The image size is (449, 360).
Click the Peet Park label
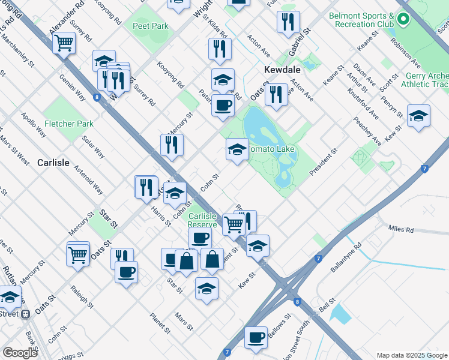click(151, 26)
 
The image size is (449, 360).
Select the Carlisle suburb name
click(53, 163)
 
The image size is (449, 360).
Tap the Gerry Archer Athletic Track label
click(427, 80)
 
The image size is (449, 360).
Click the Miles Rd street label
click(401, 229)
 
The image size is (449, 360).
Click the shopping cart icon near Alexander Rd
click(64, 43)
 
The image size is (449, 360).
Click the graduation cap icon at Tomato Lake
click(237, 149)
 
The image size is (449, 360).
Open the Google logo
click(20, 353)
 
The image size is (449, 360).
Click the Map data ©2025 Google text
click(411, 355)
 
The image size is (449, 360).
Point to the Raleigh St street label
click(82, 297)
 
